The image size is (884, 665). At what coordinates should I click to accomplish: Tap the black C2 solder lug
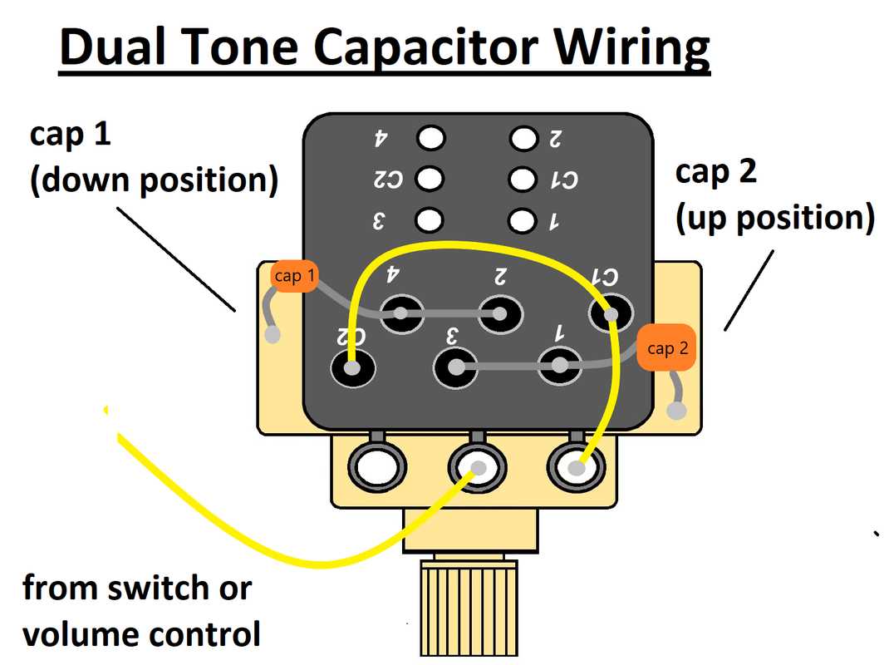(352, 367)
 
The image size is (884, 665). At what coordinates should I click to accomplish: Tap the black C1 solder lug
(611, 314)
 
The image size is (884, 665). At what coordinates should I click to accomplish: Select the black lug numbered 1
(561, 366)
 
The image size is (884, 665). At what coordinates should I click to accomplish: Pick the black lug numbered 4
(402, 313)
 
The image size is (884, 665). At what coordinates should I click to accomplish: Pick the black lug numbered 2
(501, 313)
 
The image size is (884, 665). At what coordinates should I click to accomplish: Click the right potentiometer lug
(577, 469)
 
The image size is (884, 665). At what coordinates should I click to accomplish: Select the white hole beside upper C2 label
(430, 179)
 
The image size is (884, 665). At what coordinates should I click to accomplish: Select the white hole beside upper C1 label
(523, 179)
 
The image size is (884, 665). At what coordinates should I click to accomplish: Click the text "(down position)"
(154, 181)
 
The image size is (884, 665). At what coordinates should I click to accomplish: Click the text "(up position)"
(775, 219)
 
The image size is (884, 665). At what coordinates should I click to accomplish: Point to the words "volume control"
(141, 634)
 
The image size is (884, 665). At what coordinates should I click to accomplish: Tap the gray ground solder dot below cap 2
(679, 411)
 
